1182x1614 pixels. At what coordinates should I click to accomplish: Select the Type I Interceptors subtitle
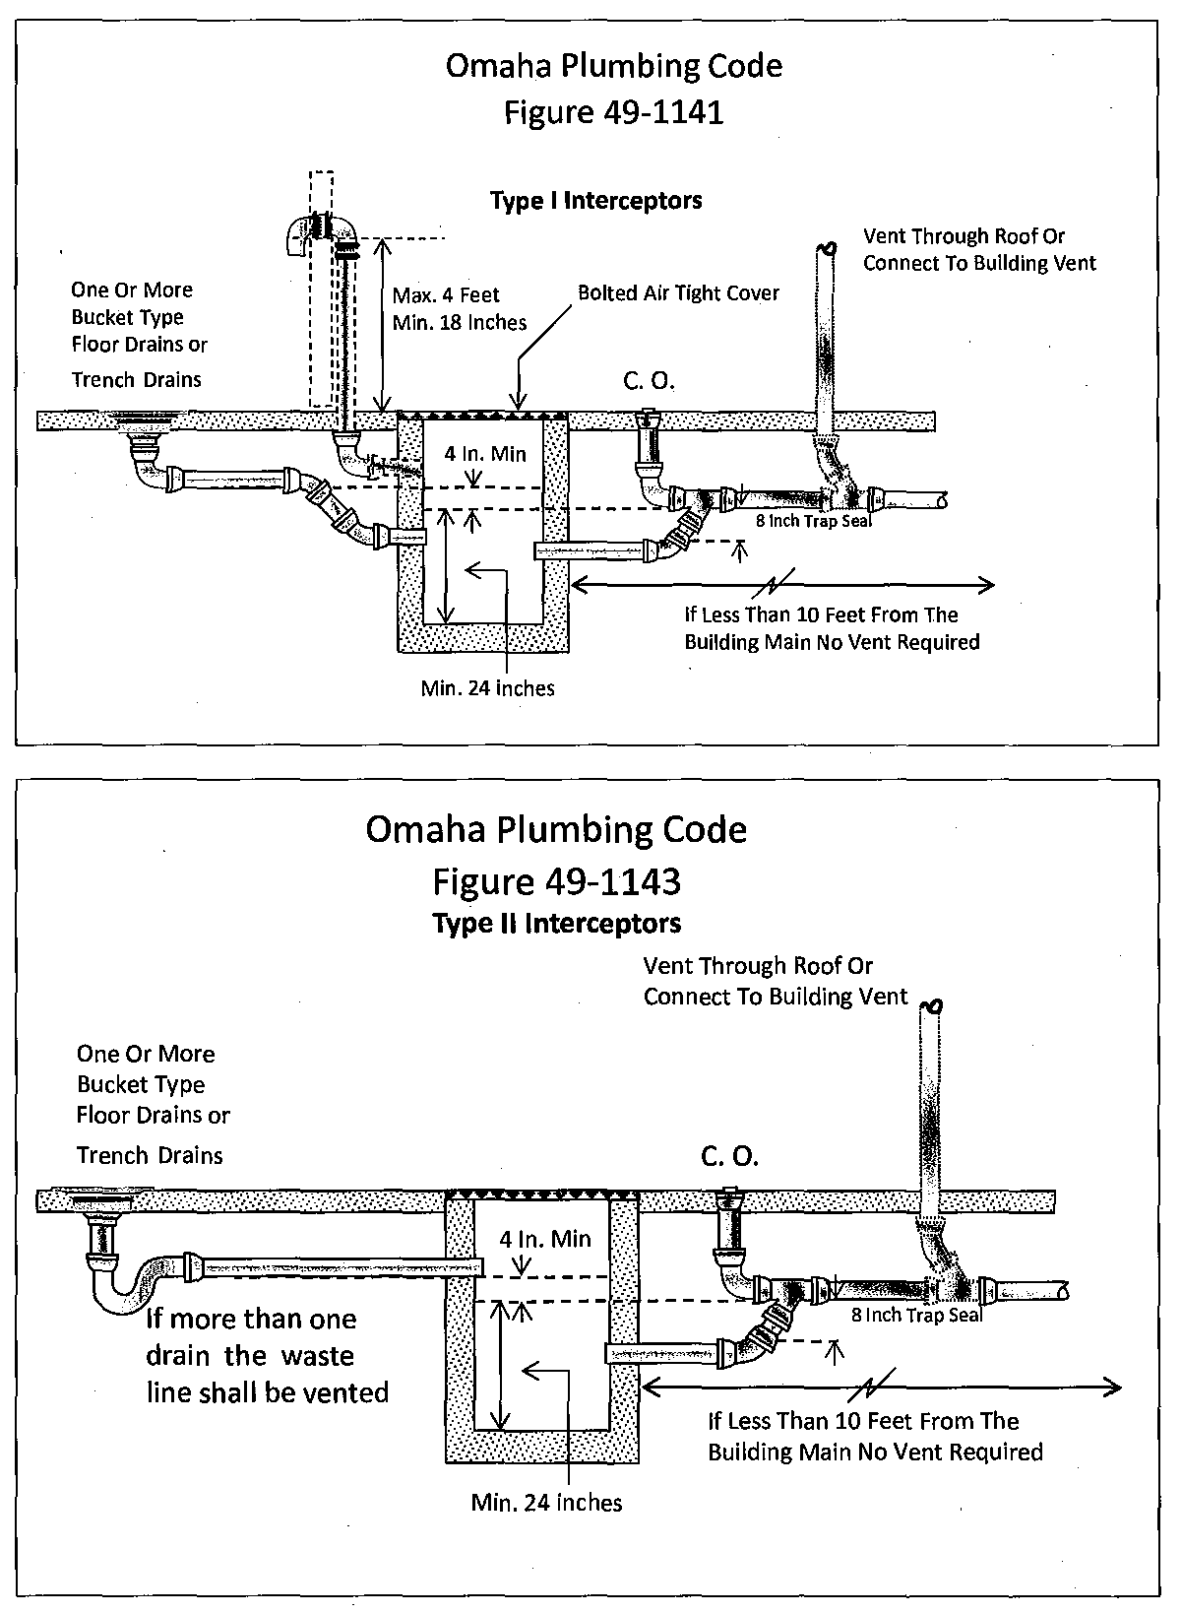coord(595,201)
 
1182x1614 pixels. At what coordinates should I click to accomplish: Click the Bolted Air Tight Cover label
coord(678,293)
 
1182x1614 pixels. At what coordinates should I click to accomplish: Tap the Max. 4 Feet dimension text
coord(446,294)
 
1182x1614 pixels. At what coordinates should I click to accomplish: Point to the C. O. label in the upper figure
coord(649,381)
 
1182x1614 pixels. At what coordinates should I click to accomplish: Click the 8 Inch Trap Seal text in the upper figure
coord(813,521)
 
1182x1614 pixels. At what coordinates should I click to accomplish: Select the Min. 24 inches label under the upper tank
coord(487,688)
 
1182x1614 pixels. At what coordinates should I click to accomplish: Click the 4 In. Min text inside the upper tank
coord(485,454)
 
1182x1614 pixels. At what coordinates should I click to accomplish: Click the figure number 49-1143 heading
coord(556,880)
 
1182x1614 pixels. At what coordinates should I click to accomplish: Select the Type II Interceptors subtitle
coord(556,924)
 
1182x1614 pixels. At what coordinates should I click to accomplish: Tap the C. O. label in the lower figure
coord(729,1156)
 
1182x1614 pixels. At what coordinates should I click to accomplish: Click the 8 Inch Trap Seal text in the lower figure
coord(916,1315)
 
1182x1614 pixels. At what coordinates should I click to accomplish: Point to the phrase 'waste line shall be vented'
coord(268,1375)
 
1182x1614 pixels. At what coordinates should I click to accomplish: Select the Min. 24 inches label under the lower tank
coord(546,1503)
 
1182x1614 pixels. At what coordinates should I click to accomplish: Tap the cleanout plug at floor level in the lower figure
coord(729,1194)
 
